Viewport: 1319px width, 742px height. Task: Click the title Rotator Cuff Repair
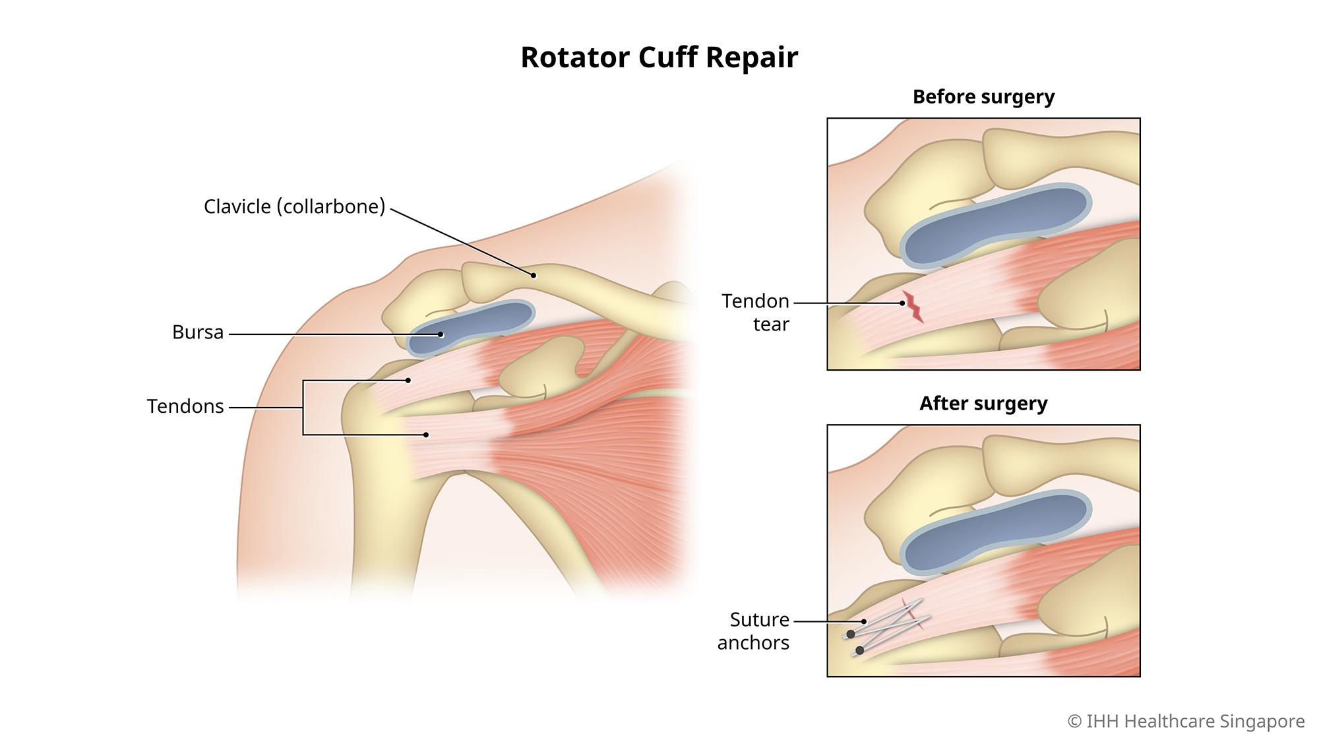coord(659,57)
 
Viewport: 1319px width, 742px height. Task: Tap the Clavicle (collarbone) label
coord(294,206)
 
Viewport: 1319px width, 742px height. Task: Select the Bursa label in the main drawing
coord(198,332)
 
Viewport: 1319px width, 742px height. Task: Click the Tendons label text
coord(185,406)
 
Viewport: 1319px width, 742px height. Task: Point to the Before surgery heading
coord(983,97)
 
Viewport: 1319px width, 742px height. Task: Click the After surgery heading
coord(983,403)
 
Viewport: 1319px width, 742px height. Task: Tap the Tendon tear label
coord(756,313)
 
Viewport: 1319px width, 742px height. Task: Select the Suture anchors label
coord(754,631)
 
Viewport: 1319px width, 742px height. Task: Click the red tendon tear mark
coord(913,307)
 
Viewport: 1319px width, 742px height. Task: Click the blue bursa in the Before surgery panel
coord(996,226)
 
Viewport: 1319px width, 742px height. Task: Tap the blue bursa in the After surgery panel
coord(996,532)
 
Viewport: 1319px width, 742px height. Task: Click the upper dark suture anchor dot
coord(851,634)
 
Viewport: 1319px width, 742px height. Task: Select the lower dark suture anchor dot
coord(859,651)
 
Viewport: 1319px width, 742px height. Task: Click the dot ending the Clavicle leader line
coord(534,275)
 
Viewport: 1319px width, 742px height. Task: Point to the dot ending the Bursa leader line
coord(441,334)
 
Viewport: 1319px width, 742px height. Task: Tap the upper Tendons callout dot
coord(408,381)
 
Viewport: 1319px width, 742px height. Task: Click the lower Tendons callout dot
coord(426,435)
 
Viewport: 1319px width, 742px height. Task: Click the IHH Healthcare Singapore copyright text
coord(1186,721)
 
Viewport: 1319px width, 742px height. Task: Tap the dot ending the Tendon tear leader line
coord(902,303)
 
